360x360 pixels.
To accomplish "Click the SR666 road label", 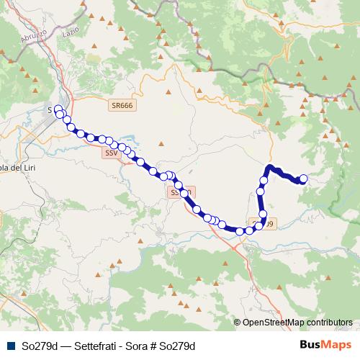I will coord(122,106).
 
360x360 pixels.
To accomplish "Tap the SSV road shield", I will coord(111,153).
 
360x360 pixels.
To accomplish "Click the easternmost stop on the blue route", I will coord(303,179).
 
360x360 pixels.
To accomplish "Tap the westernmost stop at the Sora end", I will coord(58,109).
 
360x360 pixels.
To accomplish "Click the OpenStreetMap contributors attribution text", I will coord(297,323).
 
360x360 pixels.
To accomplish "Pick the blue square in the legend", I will coord(10,346).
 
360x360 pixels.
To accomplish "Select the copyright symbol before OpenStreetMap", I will coord(237,323).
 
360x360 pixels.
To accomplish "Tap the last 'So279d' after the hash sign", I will coord(179,346).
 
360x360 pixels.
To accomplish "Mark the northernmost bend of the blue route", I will coord(270,167).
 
